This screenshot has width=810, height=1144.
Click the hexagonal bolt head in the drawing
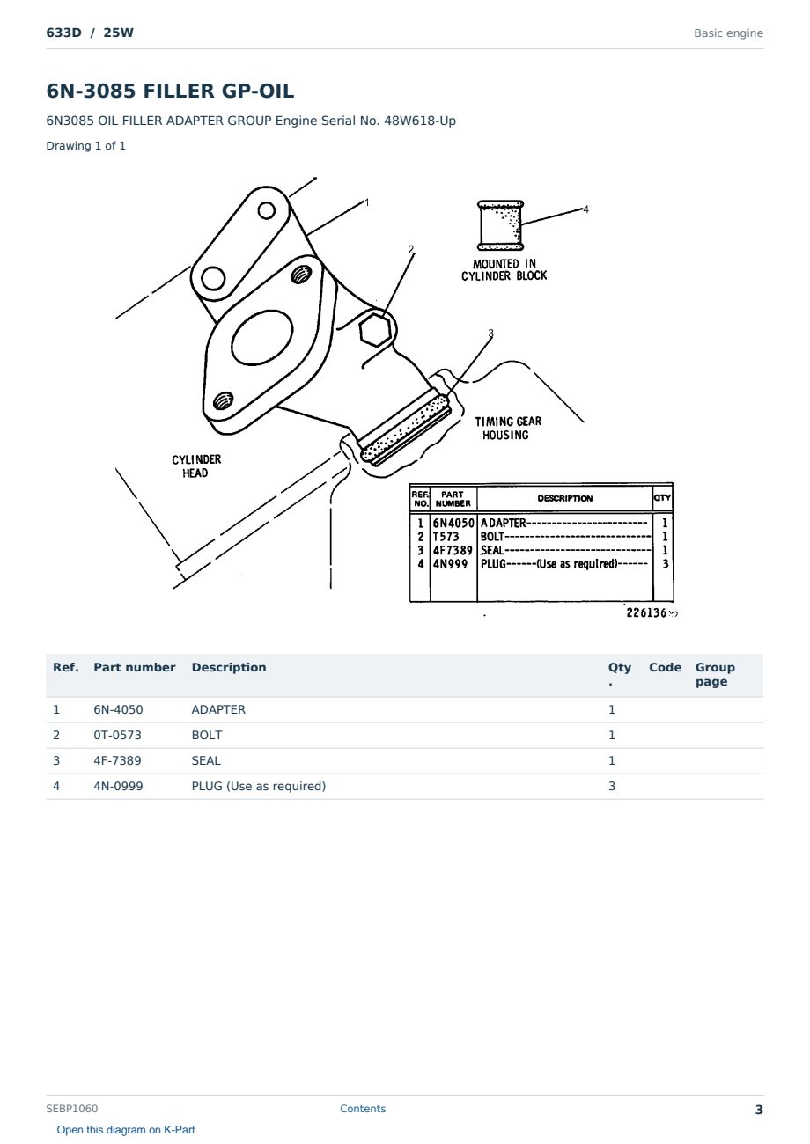click(x=376, y=330)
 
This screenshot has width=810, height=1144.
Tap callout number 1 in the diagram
click(x=366, y=202)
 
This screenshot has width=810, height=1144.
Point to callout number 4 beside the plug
click(x=585, y=209)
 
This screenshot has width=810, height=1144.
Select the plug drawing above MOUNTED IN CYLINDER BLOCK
click(x=500, y=225)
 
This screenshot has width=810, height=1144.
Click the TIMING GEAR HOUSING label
click(x=508, y=428)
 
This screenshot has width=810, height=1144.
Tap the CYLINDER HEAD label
click(x=196, y=466)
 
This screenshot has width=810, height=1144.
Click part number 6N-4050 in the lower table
click(x=118, y=709)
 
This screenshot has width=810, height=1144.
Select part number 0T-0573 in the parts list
click(x=117, y=735)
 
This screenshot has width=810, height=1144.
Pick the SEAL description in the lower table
click(x=206, y=760)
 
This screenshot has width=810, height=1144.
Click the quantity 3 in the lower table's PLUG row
click(x=612, y=786)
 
